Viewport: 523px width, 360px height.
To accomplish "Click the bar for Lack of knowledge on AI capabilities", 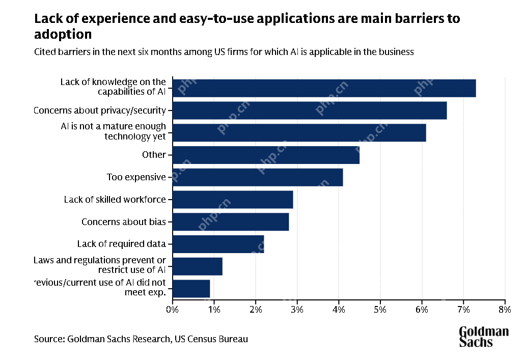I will (x=324, y=88).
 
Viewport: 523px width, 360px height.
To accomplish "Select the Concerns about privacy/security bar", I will (x=310, y=110).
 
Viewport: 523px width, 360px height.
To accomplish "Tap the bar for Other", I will (x=266, y=155).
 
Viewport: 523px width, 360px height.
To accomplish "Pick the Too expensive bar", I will (x=258, y=177).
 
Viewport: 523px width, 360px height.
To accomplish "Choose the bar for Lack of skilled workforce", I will (x=233, y=200).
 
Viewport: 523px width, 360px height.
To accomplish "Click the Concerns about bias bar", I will (x=231, y=222).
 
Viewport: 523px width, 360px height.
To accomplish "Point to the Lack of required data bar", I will (x=218, y=244).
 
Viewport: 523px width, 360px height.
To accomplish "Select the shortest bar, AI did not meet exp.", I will (x=191, y=289).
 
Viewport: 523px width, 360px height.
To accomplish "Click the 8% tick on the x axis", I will (x=504, y=309).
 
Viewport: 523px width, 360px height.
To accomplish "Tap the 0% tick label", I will (x=173, y=309).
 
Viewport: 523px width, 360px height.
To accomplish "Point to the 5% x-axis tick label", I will (x=380, y=309).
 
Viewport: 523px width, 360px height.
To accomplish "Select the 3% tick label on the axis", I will (x=297, y=309).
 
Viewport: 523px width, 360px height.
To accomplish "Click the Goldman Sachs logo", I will (x=483, y=337).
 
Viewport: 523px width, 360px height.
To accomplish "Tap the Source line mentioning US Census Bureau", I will (x=141, y=339).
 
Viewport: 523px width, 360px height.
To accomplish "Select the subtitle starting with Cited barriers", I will (x=224, y=52).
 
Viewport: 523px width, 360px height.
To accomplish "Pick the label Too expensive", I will (x=136, y=177).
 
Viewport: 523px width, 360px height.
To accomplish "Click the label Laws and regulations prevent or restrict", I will (x=100, y=265).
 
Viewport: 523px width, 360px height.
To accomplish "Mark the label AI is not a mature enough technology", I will (x=113, y=131).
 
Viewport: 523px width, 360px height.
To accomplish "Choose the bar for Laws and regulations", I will (x=198, y=266).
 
